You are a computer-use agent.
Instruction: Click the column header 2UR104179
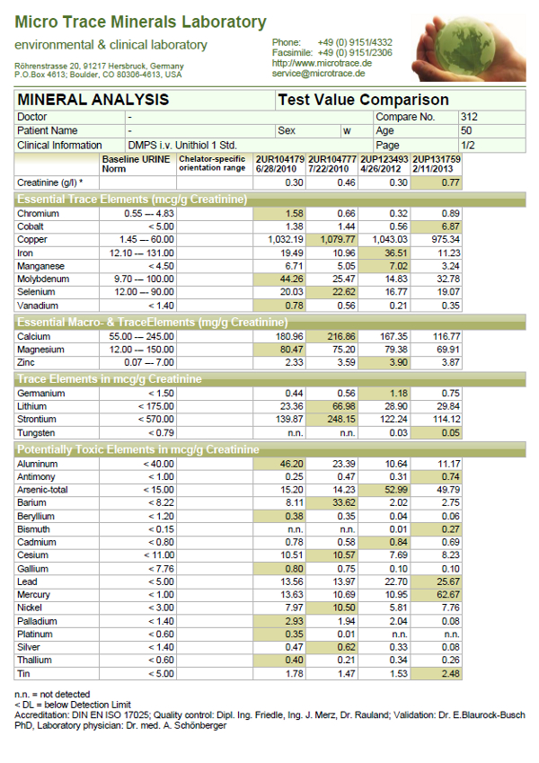pos(281,159)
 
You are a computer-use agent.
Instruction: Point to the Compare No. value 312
pos(468,117)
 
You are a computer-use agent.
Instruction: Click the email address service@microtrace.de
pos(323,74)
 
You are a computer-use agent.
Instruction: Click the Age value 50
pos(465,130)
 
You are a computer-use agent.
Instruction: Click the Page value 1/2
pos(467,145)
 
